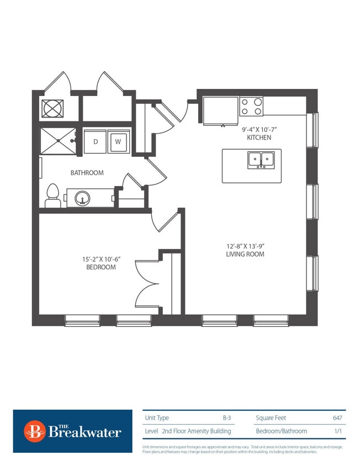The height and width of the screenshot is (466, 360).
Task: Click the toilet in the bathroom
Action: pyautogui.click(x=53, y=195)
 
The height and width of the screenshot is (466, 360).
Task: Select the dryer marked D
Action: pyautogui.click(x=95, y=142)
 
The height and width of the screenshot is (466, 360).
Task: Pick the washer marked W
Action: pyautogui.click(x=118, y=142)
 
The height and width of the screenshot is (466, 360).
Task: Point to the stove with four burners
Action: pyautogui.click(x=251, y=106)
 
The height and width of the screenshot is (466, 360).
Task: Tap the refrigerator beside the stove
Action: pyautogui.click(x=220, y=110)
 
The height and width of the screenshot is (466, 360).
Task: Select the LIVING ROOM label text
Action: pyautogui.click(x=245, y=254)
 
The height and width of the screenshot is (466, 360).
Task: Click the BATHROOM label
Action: pyautogui.click(x=87, y=173)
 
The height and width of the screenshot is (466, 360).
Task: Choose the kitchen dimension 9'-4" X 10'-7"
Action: pyautogui.click(x=259, y=129)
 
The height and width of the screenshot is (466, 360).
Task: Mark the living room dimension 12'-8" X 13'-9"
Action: pyautogui.click(x=245, y=246)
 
